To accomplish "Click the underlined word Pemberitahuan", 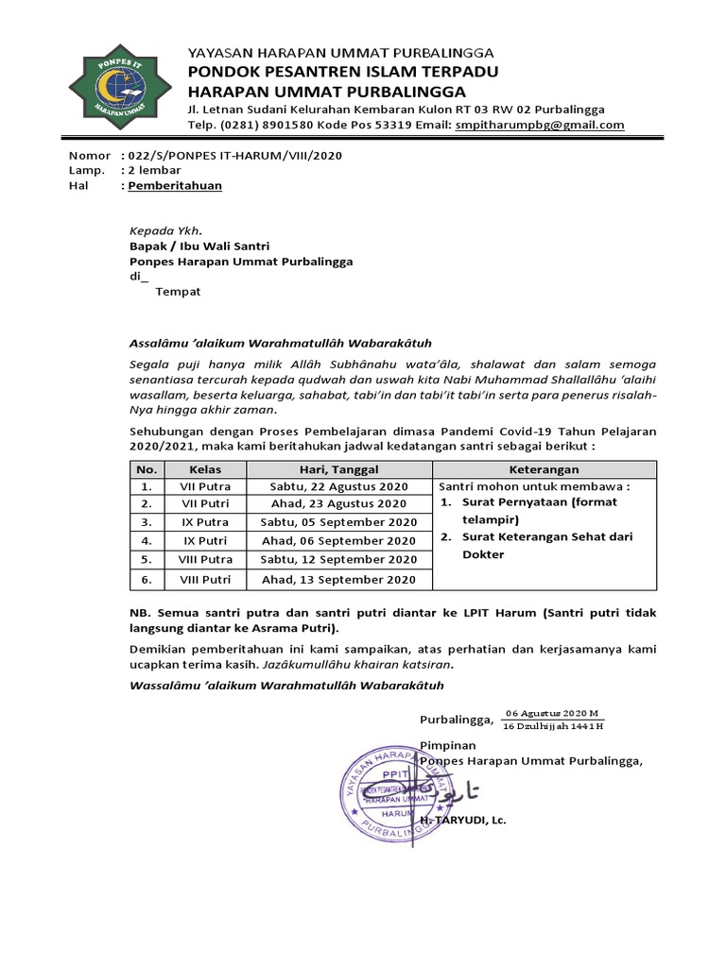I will pyautogui.click(x=175, y=186).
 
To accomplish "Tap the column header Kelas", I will pyautogui.click(x=205, y=469).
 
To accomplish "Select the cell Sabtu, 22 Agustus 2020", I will pyautogui.click(x=338, y=486).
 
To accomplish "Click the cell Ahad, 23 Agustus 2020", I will pyautogui.click(x=338, y=504).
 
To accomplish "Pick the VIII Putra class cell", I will pyautogui.click(x=205, y=559).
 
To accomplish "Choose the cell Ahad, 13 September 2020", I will pyautogui.click(x=338, y=579).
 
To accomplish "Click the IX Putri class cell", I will pyautogui.click(x=205, y=541).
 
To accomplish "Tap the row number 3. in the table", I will pyautogui.click(x=147, y=522).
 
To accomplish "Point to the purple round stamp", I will pyautogui.click(x=398, y=783).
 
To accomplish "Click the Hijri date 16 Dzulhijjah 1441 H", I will pyautogui.click(x=553, y=726).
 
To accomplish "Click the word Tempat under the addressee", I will pyautogui.click(x=178, y=292).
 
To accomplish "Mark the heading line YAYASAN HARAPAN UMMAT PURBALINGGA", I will pyautogui.click(x=340, y=53).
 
